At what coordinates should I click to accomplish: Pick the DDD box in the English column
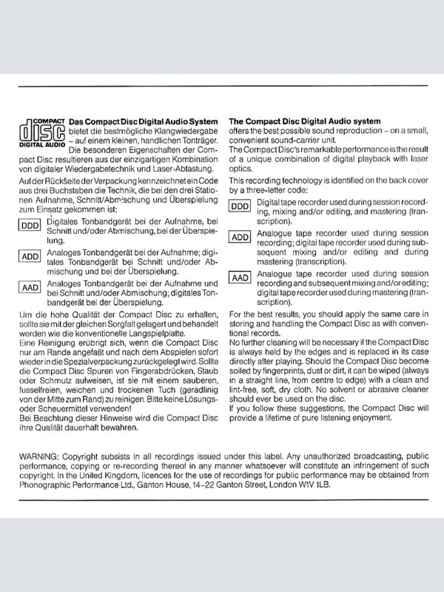point(240,206)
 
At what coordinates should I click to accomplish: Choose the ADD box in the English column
point(240,237)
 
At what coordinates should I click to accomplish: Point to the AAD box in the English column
point(240,277)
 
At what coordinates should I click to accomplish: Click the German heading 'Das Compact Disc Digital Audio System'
point(143,121)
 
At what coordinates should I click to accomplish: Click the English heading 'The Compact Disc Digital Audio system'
point(305,121)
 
